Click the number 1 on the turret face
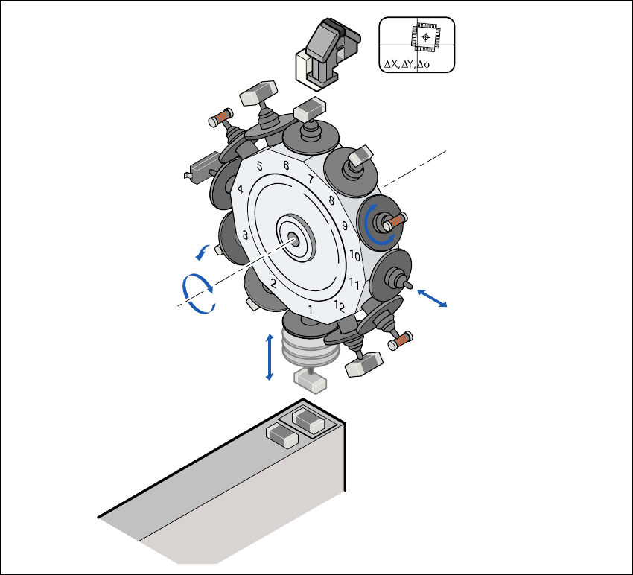click(x=310, y=310)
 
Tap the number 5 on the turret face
click(x=260, y=166)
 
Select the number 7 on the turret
click(x=311, y=179)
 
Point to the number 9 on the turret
click(x=344, y=226)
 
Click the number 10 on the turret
click(x=354, y=255)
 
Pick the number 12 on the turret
click(x=340, y=306)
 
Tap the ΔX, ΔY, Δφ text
click(x=407, y=64)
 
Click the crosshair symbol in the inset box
click(x=425, y=37)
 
